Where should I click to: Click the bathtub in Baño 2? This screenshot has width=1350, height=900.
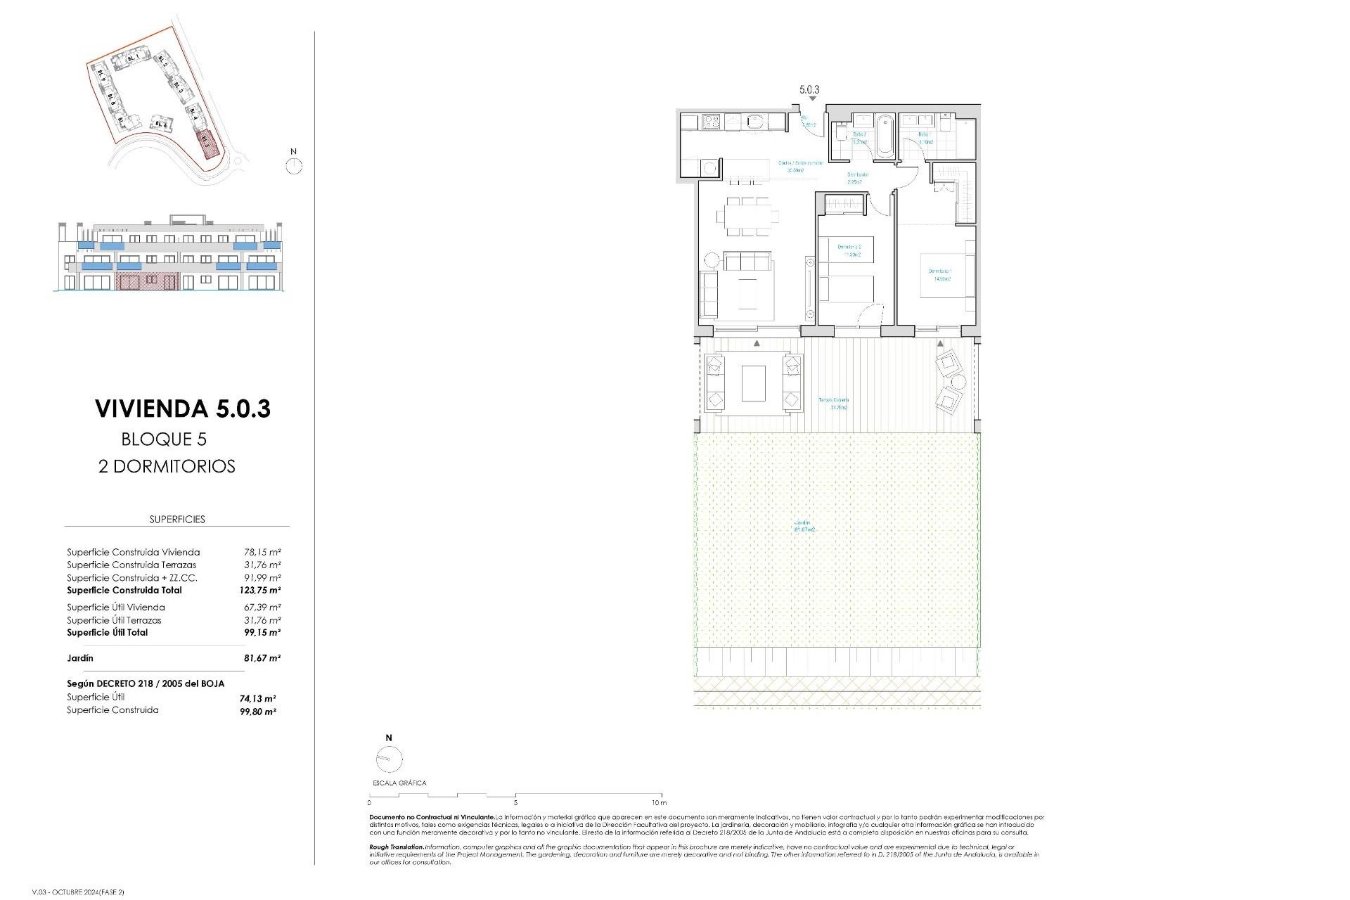(884, 137)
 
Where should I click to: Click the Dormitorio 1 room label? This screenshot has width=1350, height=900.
(941, 275)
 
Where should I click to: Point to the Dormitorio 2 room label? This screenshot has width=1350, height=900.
(849, 251)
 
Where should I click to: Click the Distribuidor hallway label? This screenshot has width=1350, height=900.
(857, 178)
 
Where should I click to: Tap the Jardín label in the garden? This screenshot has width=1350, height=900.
(804, 526)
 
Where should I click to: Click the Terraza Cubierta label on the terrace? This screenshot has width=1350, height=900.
(834, 404)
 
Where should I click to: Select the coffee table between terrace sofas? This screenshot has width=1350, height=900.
(753, 383)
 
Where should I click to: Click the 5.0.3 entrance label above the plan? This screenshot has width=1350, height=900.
(809, 90)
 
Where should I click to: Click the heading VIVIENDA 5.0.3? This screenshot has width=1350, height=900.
(183, 409)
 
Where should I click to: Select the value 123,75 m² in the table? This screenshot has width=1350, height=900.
(259, 591)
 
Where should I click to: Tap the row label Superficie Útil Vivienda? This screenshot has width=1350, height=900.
(116, 607)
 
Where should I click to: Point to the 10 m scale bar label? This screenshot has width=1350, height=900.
(659, 802)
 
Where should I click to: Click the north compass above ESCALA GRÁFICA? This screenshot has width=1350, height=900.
(389, 759)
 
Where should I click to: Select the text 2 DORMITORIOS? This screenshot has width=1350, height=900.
(167, 466)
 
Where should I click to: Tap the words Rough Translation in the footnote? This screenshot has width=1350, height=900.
(397, 847)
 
